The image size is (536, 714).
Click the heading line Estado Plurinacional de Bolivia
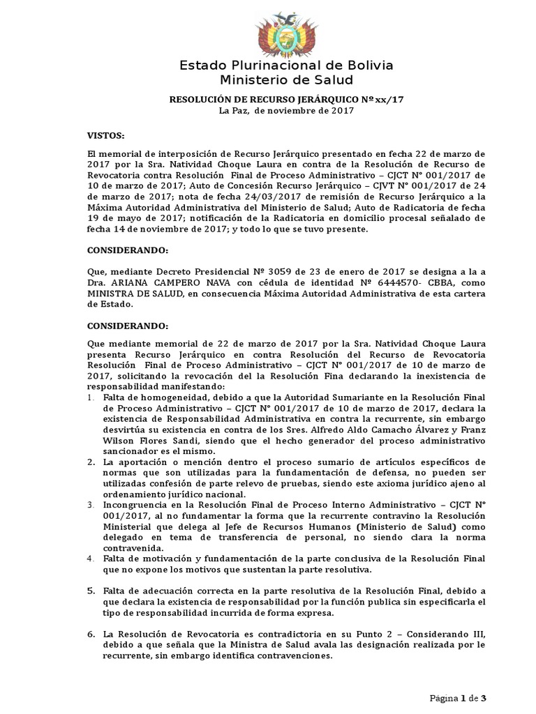286,66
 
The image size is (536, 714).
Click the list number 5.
91,591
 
